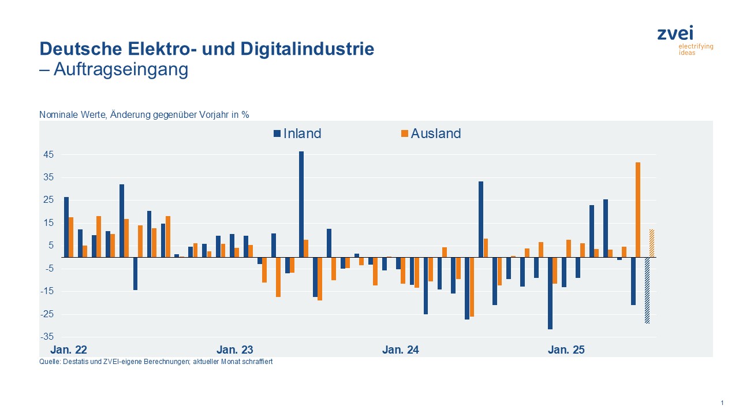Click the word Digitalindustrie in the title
coord(312,49)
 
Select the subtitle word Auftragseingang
coord(121,69)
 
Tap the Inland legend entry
coord(297,133)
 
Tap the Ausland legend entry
coord(431,133)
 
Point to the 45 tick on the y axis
coord(47,154)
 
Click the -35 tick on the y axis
coord(47,337)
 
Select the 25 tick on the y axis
coord(47,200)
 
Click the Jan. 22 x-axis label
coord(69,350)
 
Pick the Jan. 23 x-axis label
coord(234,350)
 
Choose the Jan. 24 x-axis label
coord(401,350)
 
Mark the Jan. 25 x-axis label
coord(566,350)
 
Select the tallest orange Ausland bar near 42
coord(638,209)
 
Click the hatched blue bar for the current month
coord(647,290)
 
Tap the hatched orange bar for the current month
coord(652,243)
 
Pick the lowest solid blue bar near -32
coord(550,294)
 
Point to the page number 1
coord(722,403)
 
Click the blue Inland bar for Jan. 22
coord(66,227)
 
